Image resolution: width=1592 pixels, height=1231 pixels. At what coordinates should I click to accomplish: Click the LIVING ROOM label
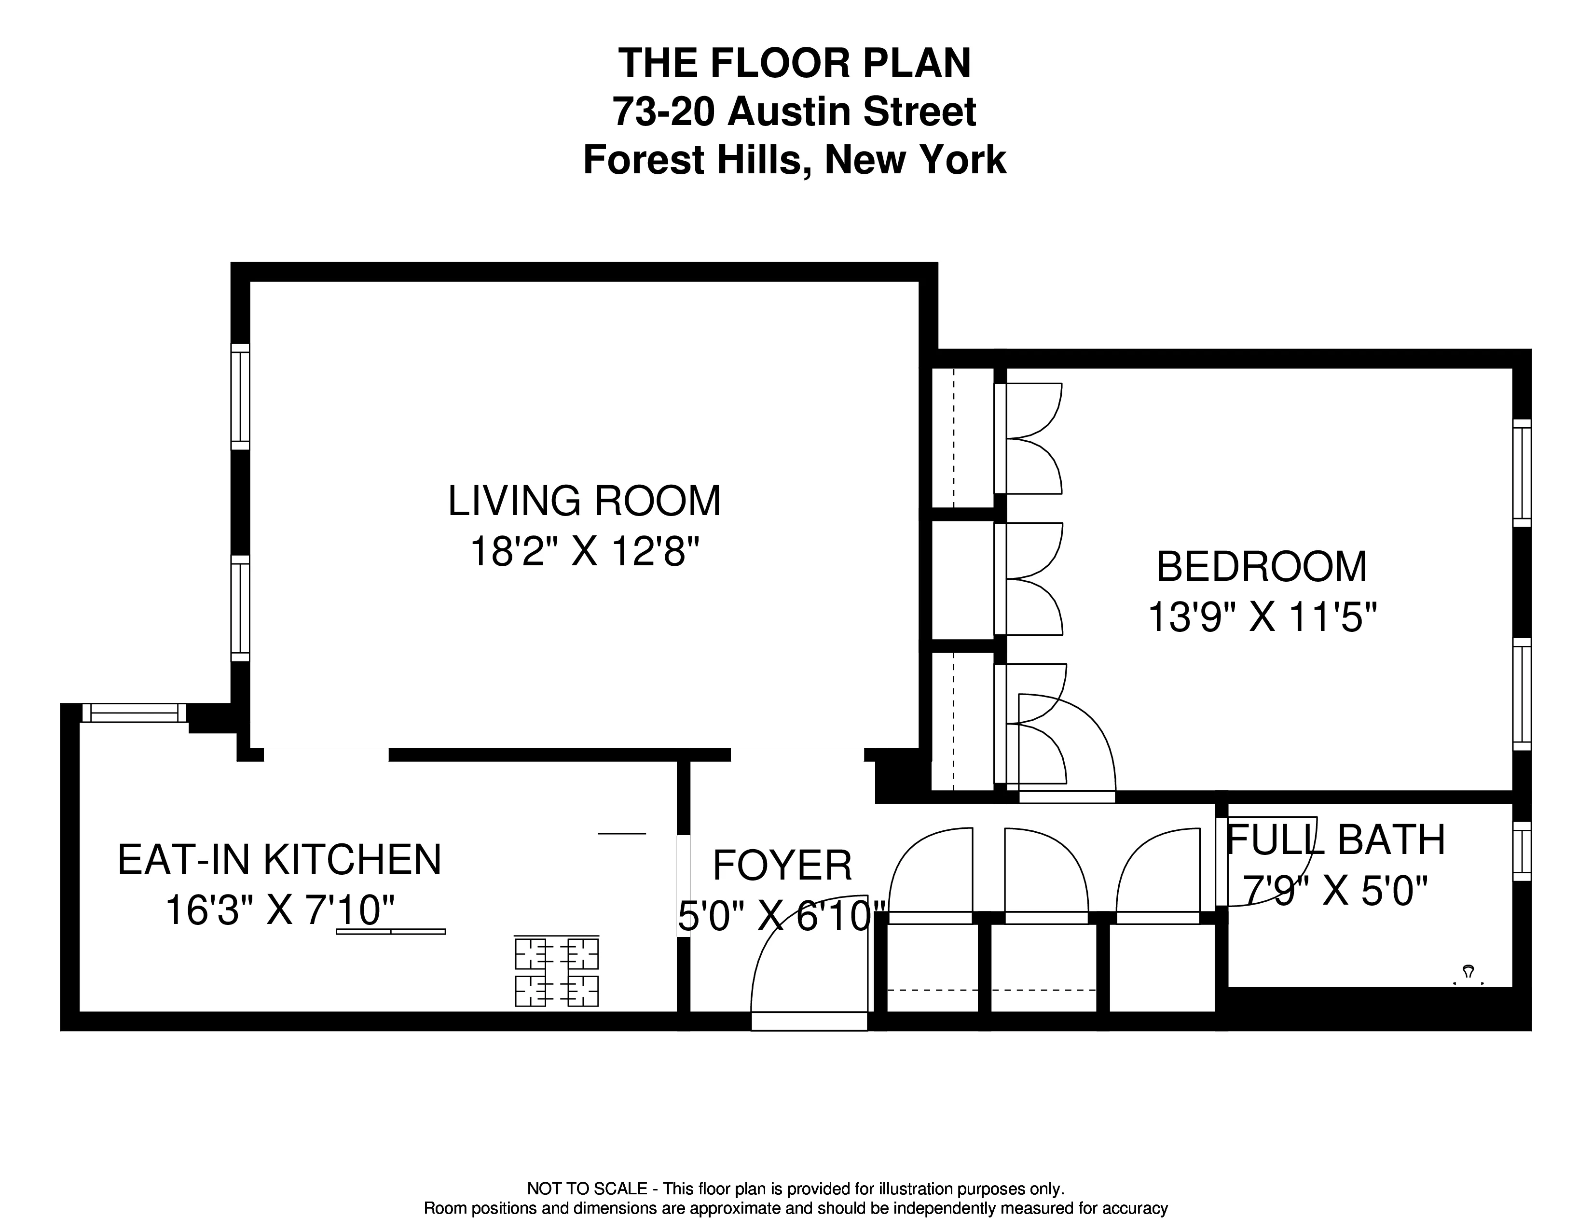[584, 502]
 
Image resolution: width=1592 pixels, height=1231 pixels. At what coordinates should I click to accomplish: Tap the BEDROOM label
[1262, 567]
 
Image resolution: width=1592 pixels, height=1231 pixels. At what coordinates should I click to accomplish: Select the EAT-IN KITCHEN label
[279, 860]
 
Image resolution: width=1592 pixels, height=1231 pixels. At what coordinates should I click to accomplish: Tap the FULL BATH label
[1335, 840]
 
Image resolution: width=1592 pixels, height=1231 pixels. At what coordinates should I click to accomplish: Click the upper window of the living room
[241, 397]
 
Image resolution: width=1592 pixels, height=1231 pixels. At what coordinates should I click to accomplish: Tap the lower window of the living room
[241, 609]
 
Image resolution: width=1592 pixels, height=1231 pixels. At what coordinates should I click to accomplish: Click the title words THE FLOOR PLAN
[795, 63]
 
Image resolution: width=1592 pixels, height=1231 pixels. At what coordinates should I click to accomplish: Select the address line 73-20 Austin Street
[795, 112]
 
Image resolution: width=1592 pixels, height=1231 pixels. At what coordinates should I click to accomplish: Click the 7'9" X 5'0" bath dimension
[1335, 891]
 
